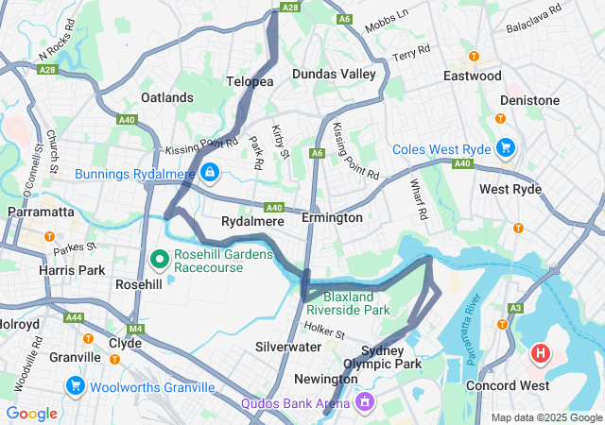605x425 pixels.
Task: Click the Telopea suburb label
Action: tap(250, 82)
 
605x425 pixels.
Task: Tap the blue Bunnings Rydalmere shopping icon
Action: tap(208, 171)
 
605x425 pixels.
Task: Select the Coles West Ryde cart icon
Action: tap(506, 147)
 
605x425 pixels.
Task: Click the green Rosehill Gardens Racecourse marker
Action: tap(160, 257)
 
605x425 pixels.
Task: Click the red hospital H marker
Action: tap(540, 354)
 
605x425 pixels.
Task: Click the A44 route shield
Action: tap(73, 318)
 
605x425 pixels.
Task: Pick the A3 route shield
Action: tap(515, 308)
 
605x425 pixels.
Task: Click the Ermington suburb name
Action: tap(332, 218)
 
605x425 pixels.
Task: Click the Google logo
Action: tap(31, 413)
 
